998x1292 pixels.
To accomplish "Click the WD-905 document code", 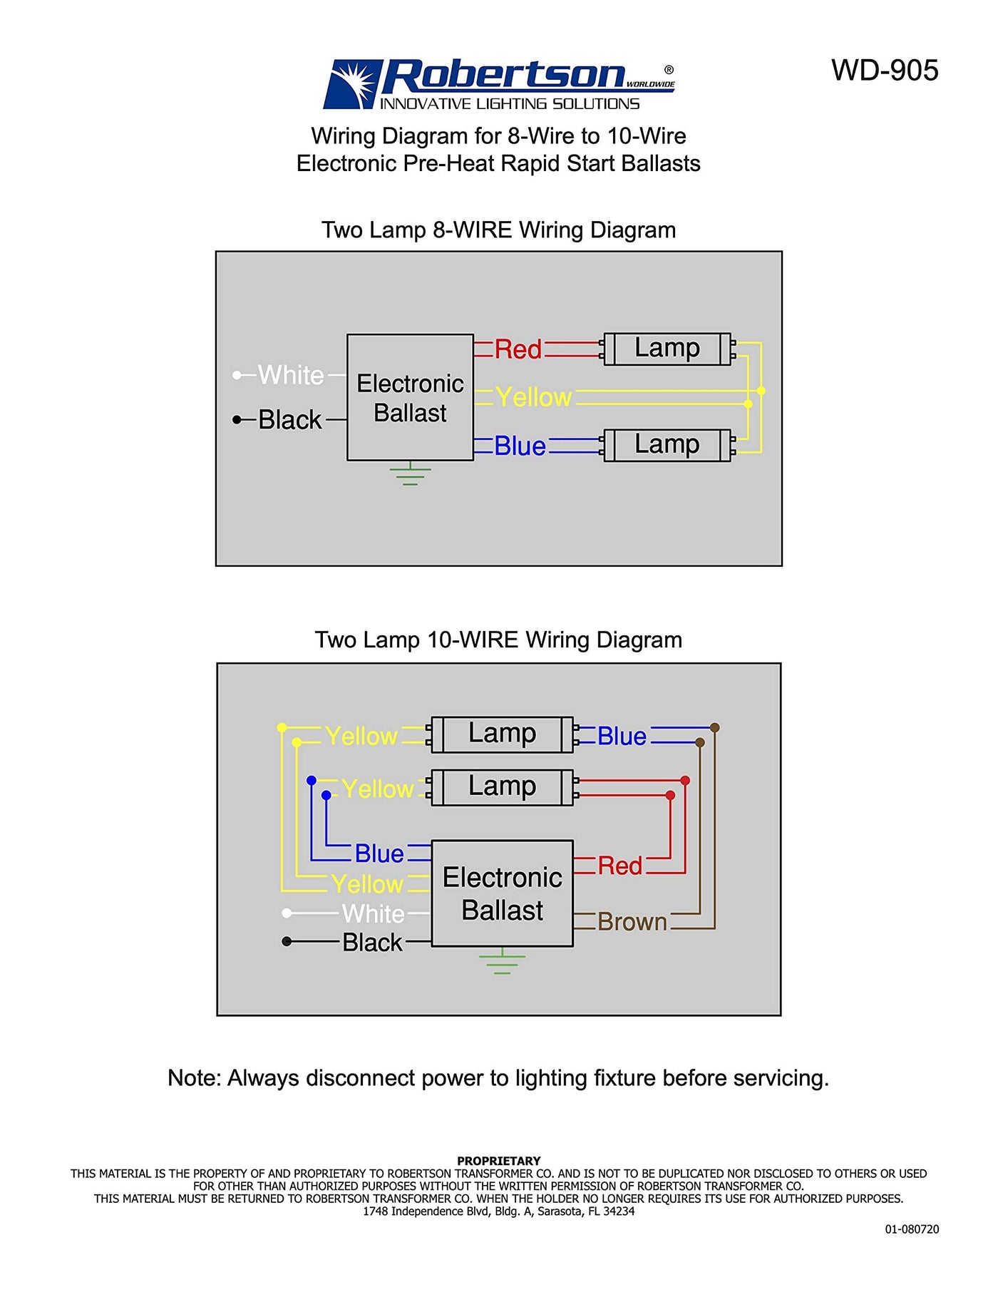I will [x=884, y=71].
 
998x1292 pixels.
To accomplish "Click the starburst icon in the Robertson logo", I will [x=354, y=83].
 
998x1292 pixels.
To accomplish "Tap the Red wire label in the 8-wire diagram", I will [x=518, y=349].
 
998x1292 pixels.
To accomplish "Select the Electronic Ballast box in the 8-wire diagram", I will [x=410, y=397].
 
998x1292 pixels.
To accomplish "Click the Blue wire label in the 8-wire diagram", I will [x=520, y=446].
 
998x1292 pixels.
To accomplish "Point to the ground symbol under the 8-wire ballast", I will [x=410, y=475].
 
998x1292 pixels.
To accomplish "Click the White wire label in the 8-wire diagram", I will [x=291, y=375].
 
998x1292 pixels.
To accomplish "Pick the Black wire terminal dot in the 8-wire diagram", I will [x=237, y=420].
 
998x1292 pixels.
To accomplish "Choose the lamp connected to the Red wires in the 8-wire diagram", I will [x=667, y=349].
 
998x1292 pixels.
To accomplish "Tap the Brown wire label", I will [x=632, y=922].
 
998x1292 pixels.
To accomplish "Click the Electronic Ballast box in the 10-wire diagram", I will [x=502, y=893].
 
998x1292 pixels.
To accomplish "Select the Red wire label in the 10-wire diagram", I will [x=619, y=866].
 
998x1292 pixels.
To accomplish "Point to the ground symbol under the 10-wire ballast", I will [x=502, y=962].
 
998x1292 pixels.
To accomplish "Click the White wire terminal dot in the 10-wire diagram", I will [x=287, y=913].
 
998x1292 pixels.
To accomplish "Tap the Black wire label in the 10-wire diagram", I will [x=372, y=943].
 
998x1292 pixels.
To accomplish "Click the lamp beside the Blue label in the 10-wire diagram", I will [x=502, y=734].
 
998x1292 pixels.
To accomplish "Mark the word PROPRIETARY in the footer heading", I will [x=498, y=1161].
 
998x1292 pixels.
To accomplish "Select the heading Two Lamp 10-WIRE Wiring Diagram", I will [x=498, y=640].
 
